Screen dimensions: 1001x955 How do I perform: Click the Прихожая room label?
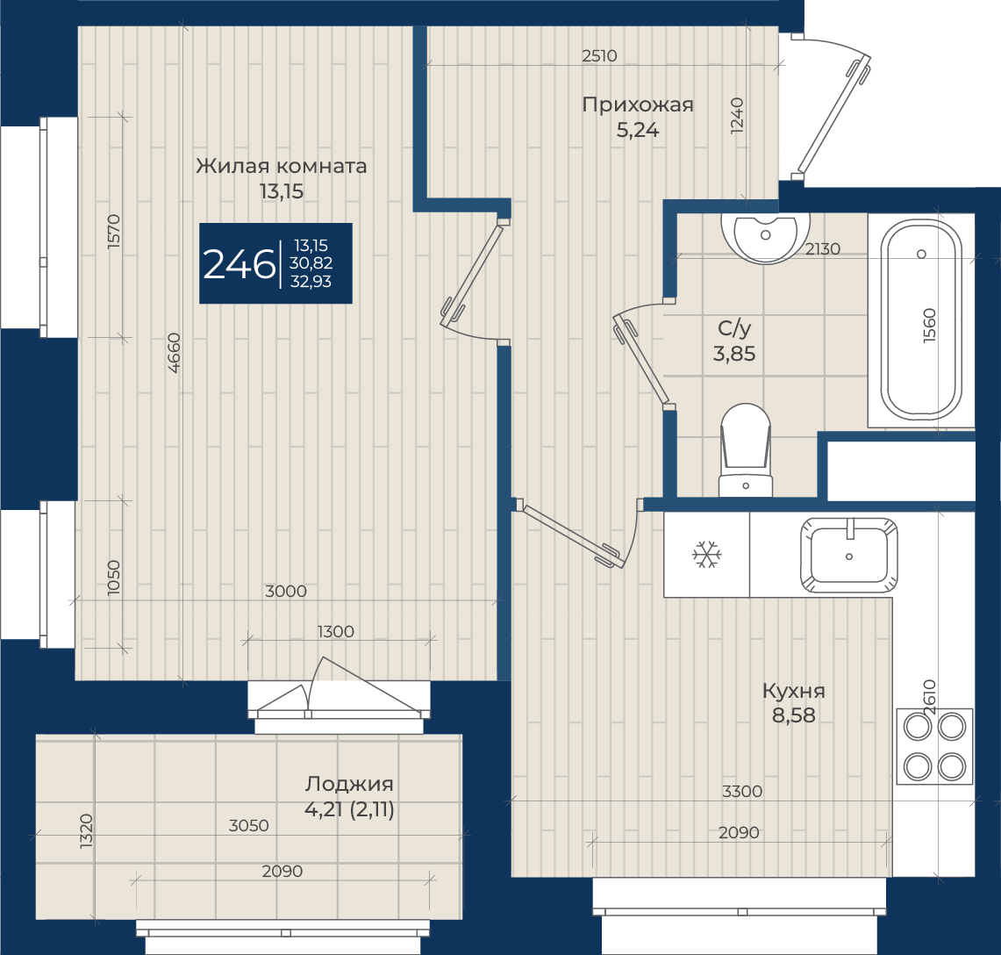click(637, 104)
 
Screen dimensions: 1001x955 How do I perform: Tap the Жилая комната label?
click(281, 166)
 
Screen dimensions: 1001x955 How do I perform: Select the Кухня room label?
click(794, 691)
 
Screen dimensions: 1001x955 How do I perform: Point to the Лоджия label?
click(348, 784)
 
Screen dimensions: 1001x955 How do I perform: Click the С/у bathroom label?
click(734, 328)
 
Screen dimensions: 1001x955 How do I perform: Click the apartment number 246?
click(239, 264)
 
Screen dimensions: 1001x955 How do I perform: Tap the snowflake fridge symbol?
click(707, 555)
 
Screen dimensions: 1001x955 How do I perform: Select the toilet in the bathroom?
click(746, 449)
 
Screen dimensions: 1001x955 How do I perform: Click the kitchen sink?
click(849, 555)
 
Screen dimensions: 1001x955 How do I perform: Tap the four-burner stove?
click(934, 746)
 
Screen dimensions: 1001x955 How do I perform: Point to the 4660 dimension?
click(175, 353)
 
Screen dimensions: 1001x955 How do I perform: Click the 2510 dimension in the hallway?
click(599, 56)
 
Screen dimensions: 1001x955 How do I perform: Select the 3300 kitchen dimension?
click(742, 792)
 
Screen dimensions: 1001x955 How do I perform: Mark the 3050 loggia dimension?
click(248, 826)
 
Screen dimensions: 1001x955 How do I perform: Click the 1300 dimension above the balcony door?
click(335, 632)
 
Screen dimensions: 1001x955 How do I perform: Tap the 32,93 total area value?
click(311, 282)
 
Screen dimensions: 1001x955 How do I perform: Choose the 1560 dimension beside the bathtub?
click(930, 326)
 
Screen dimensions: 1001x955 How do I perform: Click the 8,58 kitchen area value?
click(794, 715)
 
